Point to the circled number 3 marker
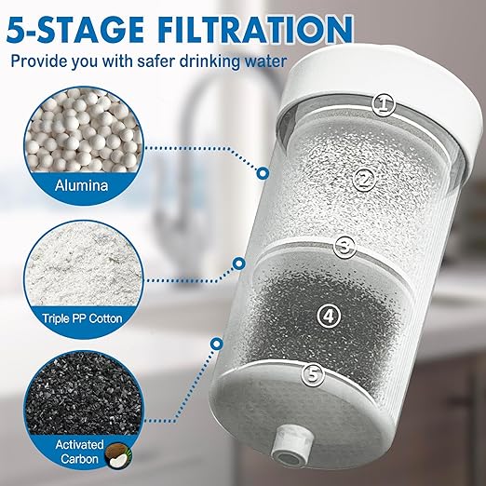[x=346, y=247]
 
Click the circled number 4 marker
[x=327, y=315]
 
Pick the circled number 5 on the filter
[x=314, y=374]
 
